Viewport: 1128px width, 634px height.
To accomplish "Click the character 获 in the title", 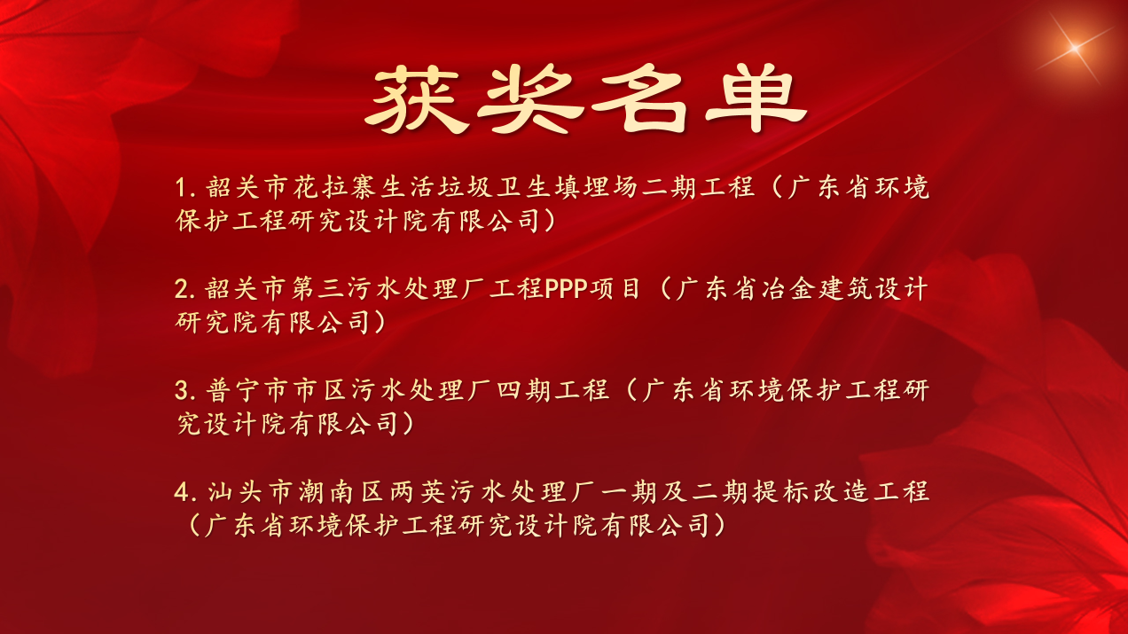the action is pos(415,99).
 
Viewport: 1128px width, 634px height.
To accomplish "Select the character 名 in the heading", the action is pos(639,99).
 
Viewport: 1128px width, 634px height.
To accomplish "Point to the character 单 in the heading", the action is pos(756,99).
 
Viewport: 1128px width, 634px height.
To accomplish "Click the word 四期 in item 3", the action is pos(523,390).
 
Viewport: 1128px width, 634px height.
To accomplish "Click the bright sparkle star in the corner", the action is pos(1074,49).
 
